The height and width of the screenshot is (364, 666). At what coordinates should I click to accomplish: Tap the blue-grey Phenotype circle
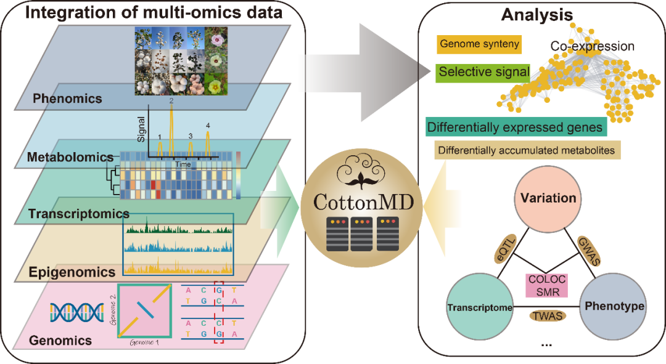(x=614, y=307)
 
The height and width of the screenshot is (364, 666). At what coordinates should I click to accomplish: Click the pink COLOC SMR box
(x=545, y=285)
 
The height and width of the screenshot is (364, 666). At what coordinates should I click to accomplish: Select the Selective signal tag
(x=483, y=72)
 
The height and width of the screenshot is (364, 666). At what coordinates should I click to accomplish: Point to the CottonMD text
(x=359, y=201)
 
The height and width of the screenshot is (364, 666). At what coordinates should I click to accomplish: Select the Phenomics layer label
(x=67, y=98)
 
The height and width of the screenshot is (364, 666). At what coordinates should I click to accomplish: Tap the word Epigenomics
(x=72, y=272)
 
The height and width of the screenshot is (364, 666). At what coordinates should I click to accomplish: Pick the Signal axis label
(x=141, y=131)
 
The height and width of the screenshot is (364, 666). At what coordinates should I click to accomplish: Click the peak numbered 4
(x=208, y=138)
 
